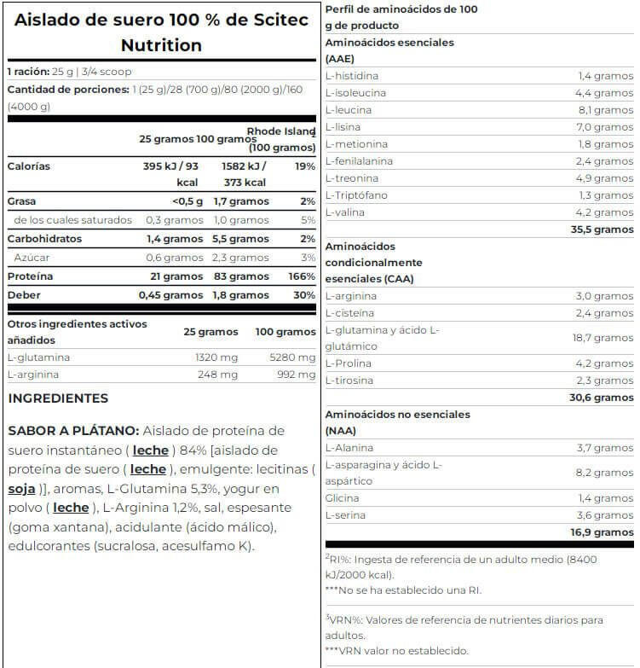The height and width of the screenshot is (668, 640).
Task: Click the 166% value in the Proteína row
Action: point(302,276)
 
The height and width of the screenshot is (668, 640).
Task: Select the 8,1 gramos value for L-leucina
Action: point(602,110)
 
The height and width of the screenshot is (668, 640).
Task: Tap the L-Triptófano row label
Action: point(356,195)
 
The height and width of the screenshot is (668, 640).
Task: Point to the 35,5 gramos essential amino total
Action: point(602,229)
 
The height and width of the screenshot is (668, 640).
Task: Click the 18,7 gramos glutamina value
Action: point(602,338)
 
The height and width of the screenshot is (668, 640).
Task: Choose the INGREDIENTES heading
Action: point(58,398)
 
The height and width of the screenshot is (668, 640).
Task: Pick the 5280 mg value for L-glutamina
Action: point(293,357)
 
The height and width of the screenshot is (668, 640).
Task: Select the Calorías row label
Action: point(29,166)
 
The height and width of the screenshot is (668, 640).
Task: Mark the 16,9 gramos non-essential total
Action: point(602,532)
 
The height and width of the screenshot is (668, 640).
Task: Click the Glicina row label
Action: point(343,498)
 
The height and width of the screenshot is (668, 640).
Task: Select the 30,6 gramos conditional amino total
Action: point(602,398)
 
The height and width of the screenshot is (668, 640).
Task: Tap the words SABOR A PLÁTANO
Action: point(72,431)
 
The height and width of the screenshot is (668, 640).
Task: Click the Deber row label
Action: point(24,295)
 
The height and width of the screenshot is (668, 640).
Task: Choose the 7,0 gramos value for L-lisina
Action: point(602,127)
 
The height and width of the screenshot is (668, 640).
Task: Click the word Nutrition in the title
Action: point(161,45)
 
